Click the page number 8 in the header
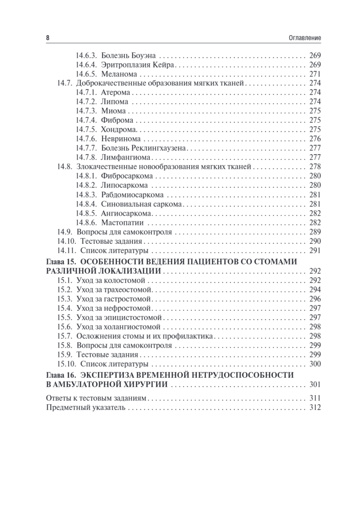48,38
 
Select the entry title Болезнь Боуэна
130,56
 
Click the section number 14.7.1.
86,92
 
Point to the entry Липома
115,102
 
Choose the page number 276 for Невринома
315,139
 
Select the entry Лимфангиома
125,157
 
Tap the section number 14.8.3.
86,194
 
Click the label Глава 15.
61,262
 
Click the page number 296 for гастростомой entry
315,299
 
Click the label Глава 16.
61,376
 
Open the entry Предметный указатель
85,408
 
